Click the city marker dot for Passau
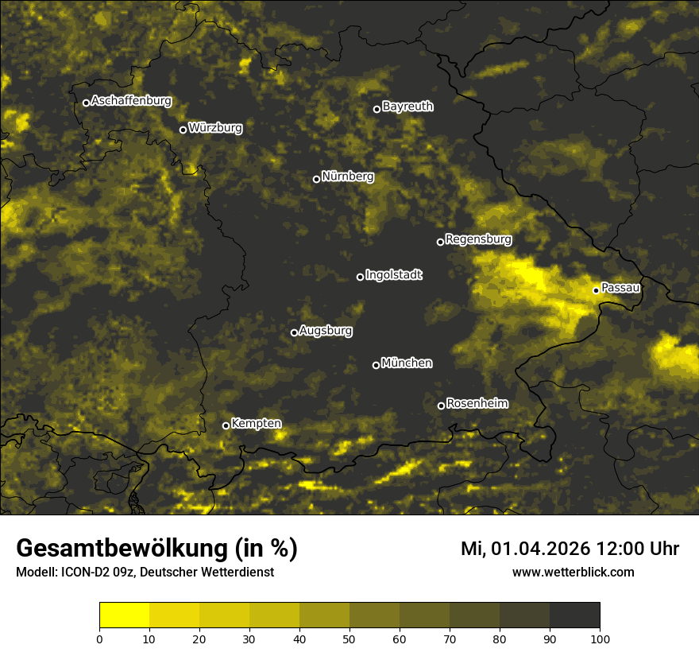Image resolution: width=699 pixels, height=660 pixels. [596, 290]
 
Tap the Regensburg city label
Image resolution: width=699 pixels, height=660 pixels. [478, 239]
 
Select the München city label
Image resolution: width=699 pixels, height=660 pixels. [407, 363]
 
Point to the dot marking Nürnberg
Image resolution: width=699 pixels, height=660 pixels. [316, 179]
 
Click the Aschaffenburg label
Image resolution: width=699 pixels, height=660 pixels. [131, 100]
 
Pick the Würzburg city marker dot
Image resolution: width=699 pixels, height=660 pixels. [183, 130]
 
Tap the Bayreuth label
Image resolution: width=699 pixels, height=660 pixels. [407, 106]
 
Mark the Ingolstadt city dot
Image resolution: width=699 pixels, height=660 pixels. [360, 277]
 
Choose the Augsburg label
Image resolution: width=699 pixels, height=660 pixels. [326, 330]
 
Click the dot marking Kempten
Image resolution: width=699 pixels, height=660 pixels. [226, 425]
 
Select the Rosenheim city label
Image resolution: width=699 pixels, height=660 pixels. [477, 403]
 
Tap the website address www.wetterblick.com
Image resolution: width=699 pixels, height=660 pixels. [573, 572]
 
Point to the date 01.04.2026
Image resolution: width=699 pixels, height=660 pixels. [540, 548]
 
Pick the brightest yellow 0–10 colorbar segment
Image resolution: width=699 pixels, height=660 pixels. [125, 615]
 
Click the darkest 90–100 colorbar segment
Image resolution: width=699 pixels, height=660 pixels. [574, 615]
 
